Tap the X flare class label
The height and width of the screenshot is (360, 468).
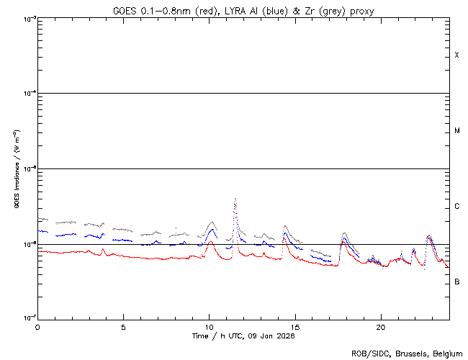[456, 55]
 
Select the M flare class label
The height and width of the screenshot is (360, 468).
[456, 131]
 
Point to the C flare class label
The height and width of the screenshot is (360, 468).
[456, 207]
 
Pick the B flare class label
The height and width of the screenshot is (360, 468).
[456, 282]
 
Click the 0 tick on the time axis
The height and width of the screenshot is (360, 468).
[37, 326]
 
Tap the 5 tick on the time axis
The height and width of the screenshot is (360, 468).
[123, 326]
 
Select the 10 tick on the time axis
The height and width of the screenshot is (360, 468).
[209, 326]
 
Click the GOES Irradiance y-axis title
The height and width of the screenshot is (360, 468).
[16, 168]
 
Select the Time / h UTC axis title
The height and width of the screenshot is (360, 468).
[243, 336]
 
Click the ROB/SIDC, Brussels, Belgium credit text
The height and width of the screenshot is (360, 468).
[407, 354]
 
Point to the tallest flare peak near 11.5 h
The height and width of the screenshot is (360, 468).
[235, 199]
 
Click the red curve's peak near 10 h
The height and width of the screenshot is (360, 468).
[210, 242]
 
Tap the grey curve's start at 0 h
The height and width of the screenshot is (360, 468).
[39, 218]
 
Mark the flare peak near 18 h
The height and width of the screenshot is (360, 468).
[344, 233]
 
